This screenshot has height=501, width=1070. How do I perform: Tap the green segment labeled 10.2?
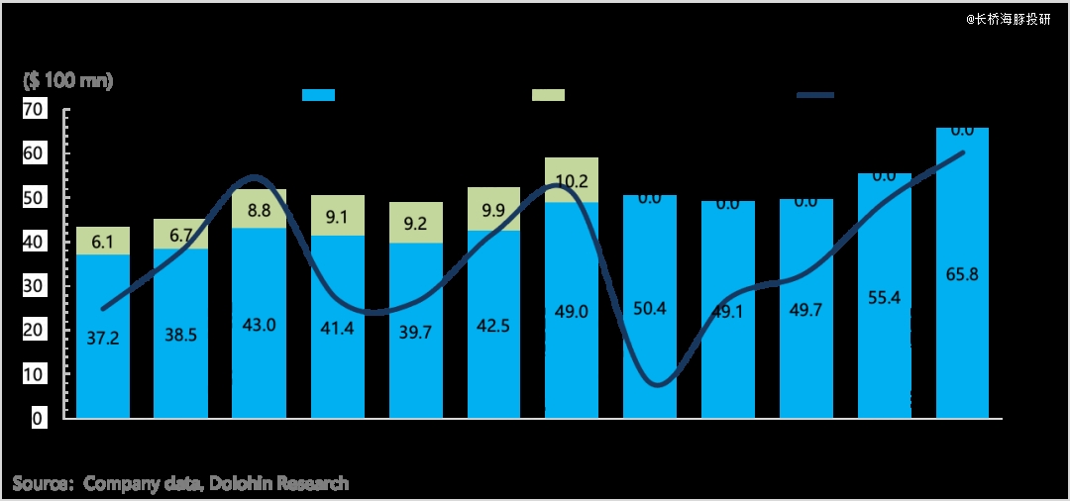[572, 181]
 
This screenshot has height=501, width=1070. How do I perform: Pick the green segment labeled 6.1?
[102, 241]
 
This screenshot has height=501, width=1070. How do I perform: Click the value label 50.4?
[649, 308]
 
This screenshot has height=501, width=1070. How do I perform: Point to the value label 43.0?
[258, 324]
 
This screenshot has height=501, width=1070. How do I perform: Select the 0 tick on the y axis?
[38, 419]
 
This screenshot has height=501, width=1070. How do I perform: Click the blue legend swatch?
[318, 95]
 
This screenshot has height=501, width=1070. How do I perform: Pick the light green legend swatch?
[548, 95]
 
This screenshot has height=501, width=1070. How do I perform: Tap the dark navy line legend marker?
[815, 95]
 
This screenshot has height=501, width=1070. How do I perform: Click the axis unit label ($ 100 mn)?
[68, 80]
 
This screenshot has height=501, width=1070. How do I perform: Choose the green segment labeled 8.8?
[258, 210]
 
